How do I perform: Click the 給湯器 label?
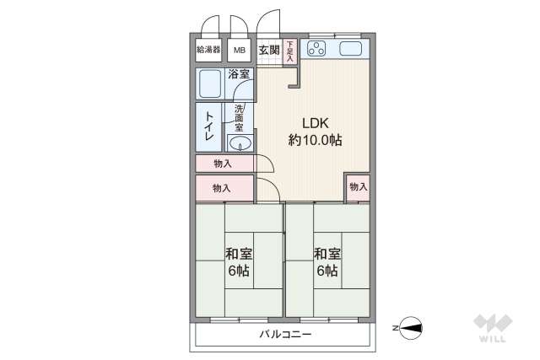[208, 50]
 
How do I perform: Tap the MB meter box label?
[240, 50]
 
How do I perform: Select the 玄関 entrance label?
[268, 50]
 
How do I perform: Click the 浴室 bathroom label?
[239, 74]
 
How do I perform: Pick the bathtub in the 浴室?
[211, 83]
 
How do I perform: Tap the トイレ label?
[208, 126]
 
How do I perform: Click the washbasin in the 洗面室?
[240, 142]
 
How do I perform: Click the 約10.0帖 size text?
[315, 141]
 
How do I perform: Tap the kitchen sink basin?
[352, 49]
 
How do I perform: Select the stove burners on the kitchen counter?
[317, 49]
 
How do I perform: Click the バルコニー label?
[284, 335]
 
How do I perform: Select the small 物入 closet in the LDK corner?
[358, 187]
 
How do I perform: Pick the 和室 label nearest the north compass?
[327, 261]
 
